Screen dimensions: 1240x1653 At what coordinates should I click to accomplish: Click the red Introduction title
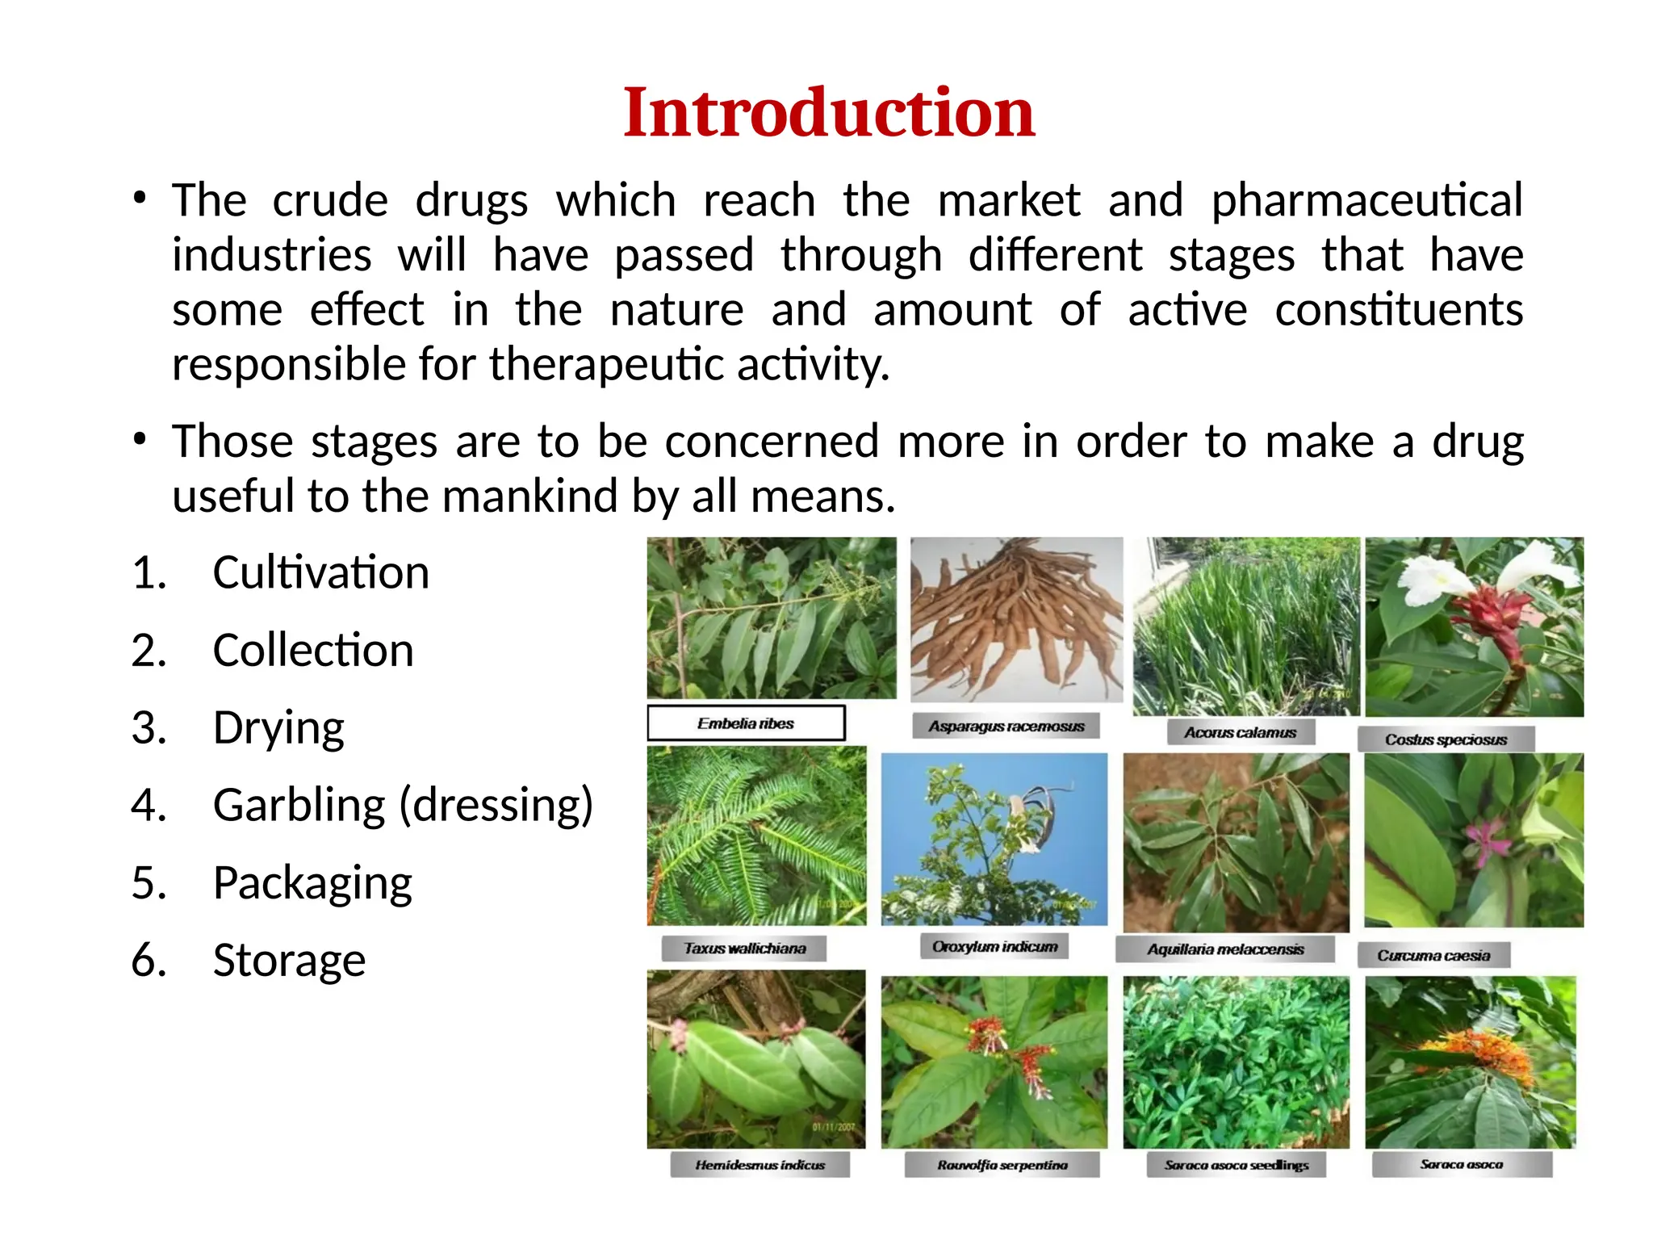828,113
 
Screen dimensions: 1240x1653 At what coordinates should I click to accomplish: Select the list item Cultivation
320,573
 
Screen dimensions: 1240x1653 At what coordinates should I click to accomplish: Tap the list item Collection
313,651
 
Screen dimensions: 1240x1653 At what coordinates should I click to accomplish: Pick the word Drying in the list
278,728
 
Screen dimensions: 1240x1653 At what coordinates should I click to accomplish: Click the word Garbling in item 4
299,806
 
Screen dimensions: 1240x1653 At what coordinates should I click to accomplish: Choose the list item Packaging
312,883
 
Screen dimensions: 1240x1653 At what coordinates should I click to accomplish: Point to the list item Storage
289,961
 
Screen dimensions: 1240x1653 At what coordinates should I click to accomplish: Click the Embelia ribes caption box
746,723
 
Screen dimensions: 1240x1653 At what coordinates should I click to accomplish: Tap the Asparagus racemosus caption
1006,727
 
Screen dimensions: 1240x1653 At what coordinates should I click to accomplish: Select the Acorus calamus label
1240,733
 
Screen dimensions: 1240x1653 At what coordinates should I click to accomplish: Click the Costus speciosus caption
1446,739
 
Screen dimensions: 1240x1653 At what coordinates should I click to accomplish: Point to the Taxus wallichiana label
744,949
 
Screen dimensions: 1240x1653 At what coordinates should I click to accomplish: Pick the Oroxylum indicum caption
994,946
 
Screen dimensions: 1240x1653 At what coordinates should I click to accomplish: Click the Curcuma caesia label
1433,956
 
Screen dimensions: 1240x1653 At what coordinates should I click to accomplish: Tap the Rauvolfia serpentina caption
1002,1165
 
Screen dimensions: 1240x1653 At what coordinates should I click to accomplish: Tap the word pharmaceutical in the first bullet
1366,200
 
